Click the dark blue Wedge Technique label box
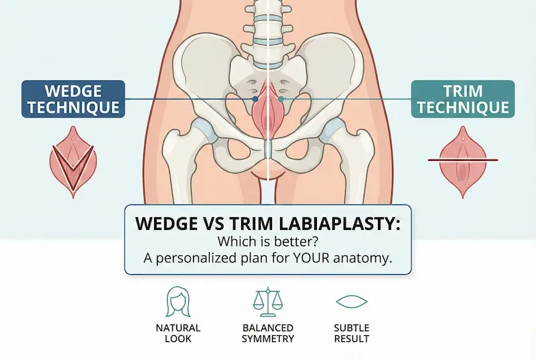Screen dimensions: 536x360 (x=73, y=99)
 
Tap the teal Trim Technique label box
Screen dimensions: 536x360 (x=462, y=99)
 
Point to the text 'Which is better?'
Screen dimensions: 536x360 (x=267, y=242)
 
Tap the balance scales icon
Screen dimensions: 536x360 (x=268, y=302)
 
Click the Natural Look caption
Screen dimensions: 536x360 (x=178, y=333)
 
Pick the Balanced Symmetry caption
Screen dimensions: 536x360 (x=268, y=333)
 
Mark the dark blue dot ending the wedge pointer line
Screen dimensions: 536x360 (x=255, y=99)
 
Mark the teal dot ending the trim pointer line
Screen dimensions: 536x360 (x=281, y=99)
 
